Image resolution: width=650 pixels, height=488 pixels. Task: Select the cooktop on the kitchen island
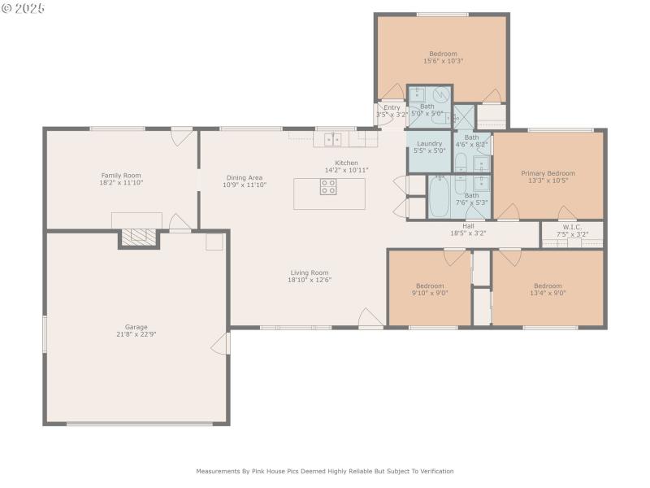click(x=328, y=187)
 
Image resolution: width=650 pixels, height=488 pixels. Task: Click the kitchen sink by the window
click(x=333, y=139)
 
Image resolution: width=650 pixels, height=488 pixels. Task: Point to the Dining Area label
click(x=245, y=177)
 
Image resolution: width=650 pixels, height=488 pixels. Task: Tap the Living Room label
click(x=310, y=272)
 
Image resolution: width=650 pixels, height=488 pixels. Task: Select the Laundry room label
click(x=429, y=143)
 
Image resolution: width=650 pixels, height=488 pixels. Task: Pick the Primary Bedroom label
click(x=548, y=173)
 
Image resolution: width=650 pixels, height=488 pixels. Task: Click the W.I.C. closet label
click(x=572, y=227)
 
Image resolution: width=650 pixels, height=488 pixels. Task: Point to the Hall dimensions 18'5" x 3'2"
click(x=468, y=233)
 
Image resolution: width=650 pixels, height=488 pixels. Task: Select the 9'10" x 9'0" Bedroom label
click(x=430, y=285)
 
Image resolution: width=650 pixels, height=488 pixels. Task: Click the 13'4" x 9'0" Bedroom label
click(x=547, y=285)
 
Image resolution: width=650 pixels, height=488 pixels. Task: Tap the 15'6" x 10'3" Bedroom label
click(x=443, y=54)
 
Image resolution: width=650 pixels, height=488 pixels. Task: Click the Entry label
click(x=392, y=107)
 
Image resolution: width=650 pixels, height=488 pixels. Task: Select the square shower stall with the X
click(x=466, y=117)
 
